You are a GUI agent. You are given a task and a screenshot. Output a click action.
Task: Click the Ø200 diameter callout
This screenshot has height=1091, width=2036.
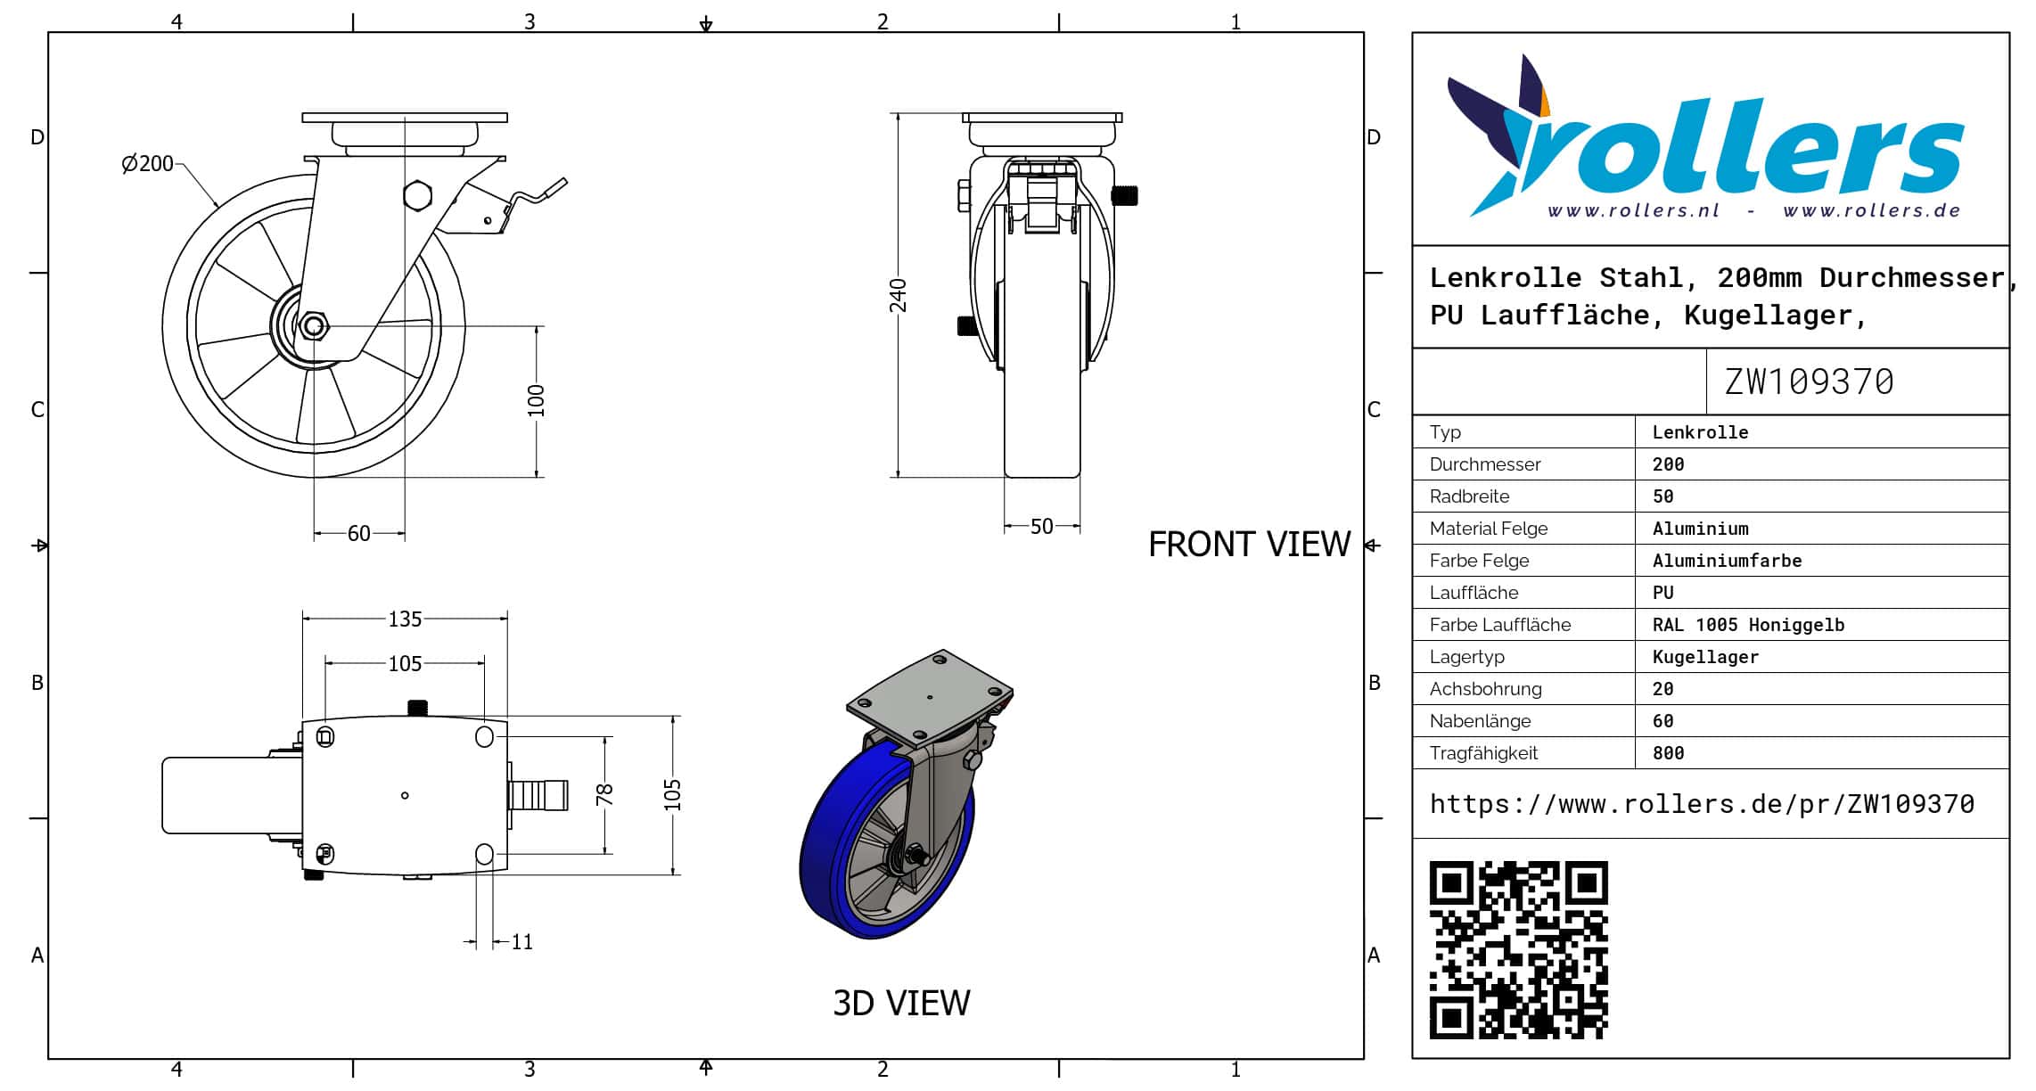pos(148,164)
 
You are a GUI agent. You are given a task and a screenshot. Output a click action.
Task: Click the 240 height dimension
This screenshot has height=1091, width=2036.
pos(898,295)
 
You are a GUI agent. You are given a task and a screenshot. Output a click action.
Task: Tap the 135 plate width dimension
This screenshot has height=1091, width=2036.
pos(405,619)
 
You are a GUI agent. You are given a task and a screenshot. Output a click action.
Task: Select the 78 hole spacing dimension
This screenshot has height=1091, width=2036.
pos(604,794)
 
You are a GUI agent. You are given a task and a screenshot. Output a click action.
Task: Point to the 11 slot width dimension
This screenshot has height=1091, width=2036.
pos(522,942)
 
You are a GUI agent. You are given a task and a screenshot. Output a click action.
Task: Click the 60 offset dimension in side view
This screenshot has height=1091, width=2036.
pos(358,533)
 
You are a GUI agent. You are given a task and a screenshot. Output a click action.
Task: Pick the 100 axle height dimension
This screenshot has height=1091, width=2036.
pos(536,401)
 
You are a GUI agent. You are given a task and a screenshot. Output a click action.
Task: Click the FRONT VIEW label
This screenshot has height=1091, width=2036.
pos(1249,544)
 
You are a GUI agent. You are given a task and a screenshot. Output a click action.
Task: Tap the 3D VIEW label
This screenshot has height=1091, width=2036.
pos(901,1003)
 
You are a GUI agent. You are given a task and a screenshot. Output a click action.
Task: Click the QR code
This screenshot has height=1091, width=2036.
pos(1518,950)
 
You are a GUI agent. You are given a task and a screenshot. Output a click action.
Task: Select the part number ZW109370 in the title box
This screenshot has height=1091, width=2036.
pos(1809,381)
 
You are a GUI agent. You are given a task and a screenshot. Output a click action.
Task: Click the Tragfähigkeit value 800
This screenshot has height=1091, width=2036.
pos(1668,753)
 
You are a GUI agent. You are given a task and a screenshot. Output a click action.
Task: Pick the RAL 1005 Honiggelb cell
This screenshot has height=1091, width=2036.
pos(1748,625)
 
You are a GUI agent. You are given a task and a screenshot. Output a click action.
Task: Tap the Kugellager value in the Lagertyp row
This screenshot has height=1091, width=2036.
pos(1705,657)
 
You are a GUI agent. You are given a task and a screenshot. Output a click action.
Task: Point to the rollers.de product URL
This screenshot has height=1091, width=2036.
pos(1702,804)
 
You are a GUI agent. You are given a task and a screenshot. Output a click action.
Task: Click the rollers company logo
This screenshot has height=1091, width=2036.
pos(1705,136)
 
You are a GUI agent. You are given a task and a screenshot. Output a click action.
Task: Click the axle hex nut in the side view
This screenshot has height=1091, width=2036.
pos(312,326)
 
